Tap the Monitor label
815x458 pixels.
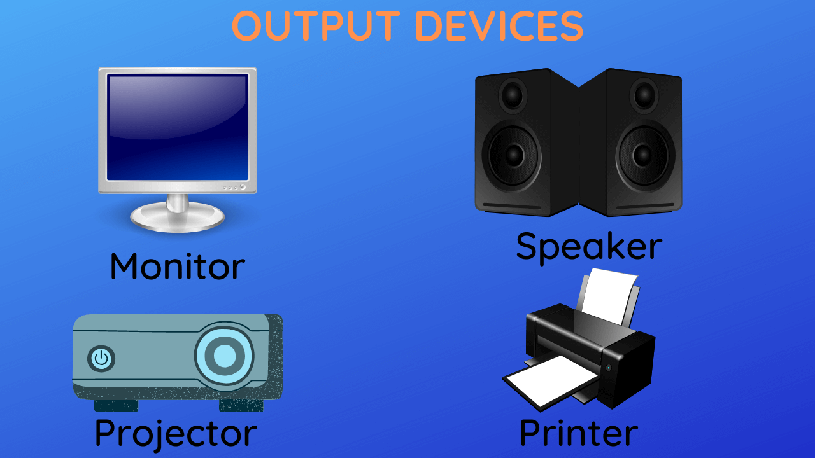[x=177, y=266]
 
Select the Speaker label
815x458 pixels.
[x=588, y=246]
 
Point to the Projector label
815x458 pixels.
[x=176, y=433]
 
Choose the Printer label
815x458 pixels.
[x=578, y=433]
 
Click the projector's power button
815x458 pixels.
[x=101, y=359]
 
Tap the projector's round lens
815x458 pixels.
[x=224, y=356]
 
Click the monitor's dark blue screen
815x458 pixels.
[x=177, y=127]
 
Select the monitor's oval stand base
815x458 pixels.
[x=177, y=218]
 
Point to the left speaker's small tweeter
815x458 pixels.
[x=513, y=95]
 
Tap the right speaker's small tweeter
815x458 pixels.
[x=644, y=95]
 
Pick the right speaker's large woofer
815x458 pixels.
[x=644, y=155]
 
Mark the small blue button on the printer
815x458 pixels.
[x=609, y=368]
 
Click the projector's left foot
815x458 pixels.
[x=116, y=405]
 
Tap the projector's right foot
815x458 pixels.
[x=241, y=405]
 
